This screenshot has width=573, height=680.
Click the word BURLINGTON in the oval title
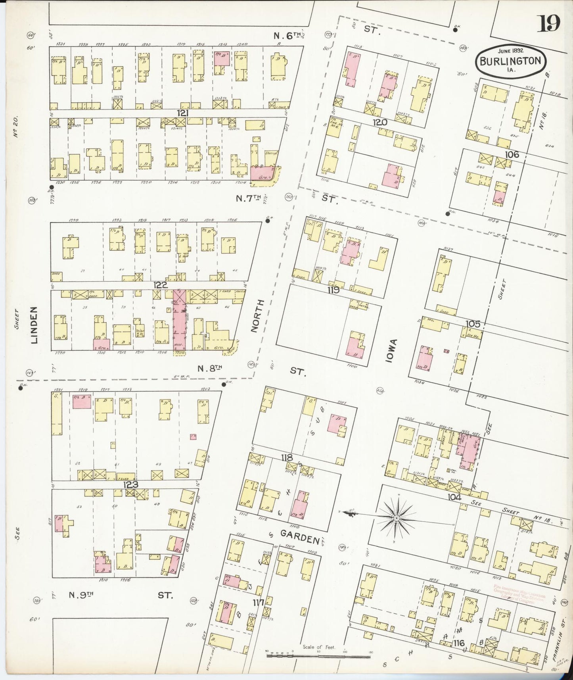point(511,61)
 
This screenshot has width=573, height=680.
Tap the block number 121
point(183,113)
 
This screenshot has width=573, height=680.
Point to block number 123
point(130,484)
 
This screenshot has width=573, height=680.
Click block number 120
point(380,123)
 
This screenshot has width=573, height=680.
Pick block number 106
point(512,154)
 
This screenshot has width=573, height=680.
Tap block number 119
point(333,290)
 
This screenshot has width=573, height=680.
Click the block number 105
point(473,324)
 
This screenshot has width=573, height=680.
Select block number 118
point(287,458)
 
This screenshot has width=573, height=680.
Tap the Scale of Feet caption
point(318,647)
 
